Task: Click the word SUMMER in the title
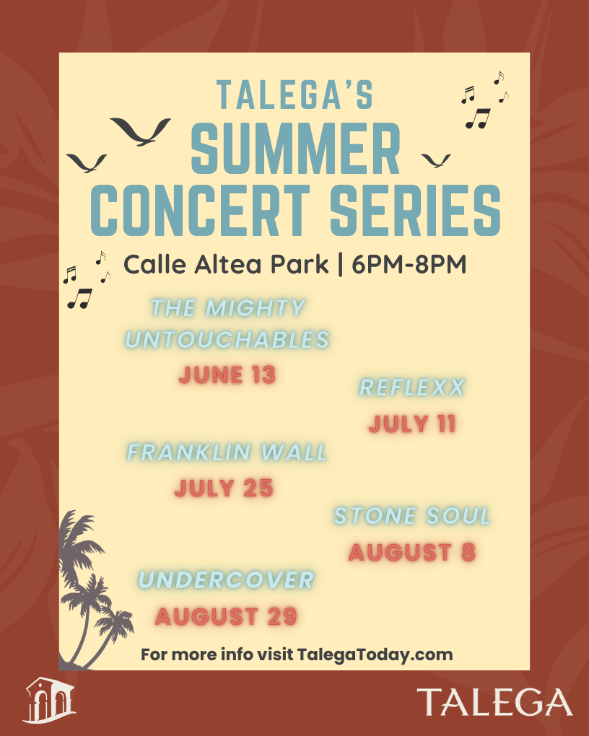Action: coord(296,148)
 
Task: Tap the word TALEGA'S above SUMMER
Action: coord(295,95)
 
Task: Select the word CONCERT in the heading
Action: coord(200,210)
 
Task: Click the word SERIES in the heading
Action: coord(415,210)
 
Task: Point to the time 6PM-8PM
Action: coord(409,264)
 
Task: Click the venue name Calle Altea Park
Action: coord(225,264)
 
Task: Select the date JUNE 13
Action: coord(227,374)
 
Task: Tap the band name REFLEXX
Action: coord(412,387)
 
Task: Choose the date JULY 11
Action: coord(412,424)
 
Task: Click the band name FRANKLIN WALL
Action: coord(227,452)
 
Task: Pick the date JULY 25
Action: coord(224,488)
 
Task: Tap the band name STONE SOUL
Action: coord(412,516)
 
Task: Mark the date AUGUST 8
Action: coord(412,552)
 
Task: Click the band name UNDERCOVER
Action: coord(227,580)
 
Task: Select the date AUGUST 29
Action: coord(227,616)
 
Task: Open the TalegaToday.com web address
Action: coord(375,654)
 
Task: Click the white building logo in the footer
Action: coord(49,700)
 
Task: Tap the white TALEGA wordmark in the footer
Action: coord(494,702)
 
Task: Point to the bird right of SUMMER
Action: coord(436,160)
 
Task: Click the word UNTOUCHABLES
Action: coord(227,340)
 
